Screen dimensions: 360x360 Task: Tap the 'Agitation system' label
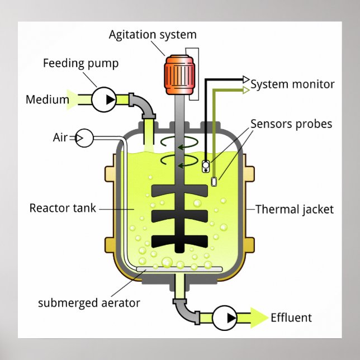click(x=153, y=35)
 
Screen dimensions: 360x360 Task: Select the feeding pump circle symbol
click(x=105, y=100)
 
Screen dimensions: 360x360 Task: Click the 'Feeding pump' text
click(x=80, y=63)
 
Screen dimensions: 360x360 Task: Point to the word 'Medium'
click(x=47, y=100)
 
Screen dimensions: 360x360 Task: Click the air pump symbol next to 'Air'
click(x=84, y=137)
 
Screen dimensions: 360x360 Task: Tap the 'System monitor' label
click(x=292, y=84)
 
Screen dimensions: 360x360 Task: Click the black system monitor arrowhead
click(x=246, y=79)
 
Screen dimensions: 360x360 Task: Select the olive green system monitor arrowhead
click(x=246, y=89)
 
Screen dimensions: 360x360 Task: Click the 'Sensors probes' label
click(x=291, y=124)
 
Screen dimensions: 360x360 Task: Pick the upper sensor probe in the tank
click(x=206, y=165)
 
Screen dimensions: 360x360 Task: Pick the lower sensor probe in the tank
click(x=215, y=181)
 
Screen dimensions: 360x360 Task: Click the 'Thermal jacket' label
click(x=294, y=210)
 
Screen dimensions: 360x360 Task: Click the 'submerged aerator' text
click(x=89, y=304)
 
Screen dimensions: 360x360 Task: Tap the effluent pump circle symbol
click(x=224, y=318)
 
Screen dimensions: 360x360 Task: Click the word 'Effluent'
click(x=291, y=318)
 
